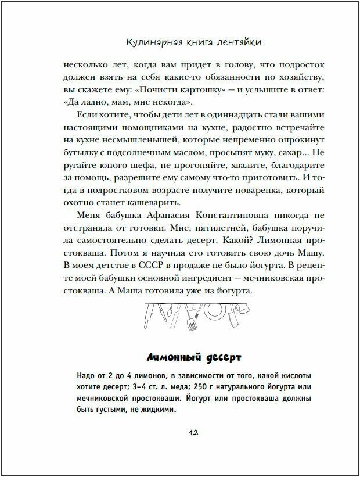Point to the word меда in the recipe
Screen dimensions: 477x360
(182, 387)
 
